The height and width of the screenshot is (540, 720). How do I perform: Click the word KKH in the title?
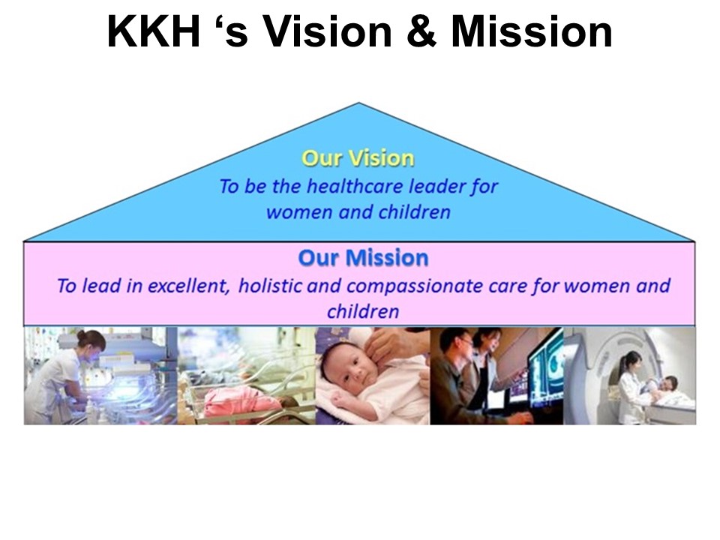click(x=154, y=31)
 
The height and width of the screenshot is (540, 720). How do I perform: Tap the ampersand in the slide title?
click(x=421, y=31)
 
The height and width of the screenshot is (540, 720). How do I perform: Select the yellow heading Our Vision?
click(x=358, y=158)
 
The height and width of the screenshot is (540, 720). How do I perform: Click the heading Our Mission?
click(x=363, y=257)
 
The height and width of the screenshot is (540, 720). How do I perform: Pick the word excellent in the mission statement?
click(x=188, y=286)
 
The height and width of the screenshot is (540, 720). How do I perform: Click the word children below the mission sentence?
click(x=363, y=311)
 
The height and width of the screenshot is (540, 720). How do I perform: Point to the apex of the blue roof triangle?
click(x=358, y=103)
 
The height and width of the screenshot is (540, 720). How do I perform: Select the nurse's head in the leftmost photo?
click(x=91, y=340)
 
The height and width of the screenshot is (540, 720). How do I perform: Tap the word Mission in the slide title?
click(x=532, y=31)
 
